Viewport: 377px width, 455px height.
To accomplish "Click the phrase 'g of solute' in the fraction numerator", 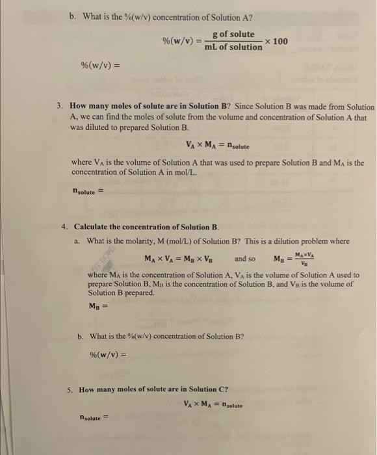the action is click(233, 34).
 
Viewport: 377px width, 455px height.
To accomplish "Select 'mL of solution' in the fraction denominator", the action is click(233, 47).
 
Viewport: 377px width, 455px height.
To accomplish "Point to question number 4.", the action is click(64, 227).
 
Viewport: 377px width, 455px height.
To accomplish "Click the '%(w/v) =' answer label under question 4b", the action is click(107, 355).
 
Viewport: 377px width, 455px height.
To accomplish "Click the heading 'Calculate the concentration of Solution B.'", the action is click(146, 227).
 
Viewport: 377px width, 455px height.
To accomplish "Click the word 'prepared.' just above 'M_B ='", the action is click(139, 292).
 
